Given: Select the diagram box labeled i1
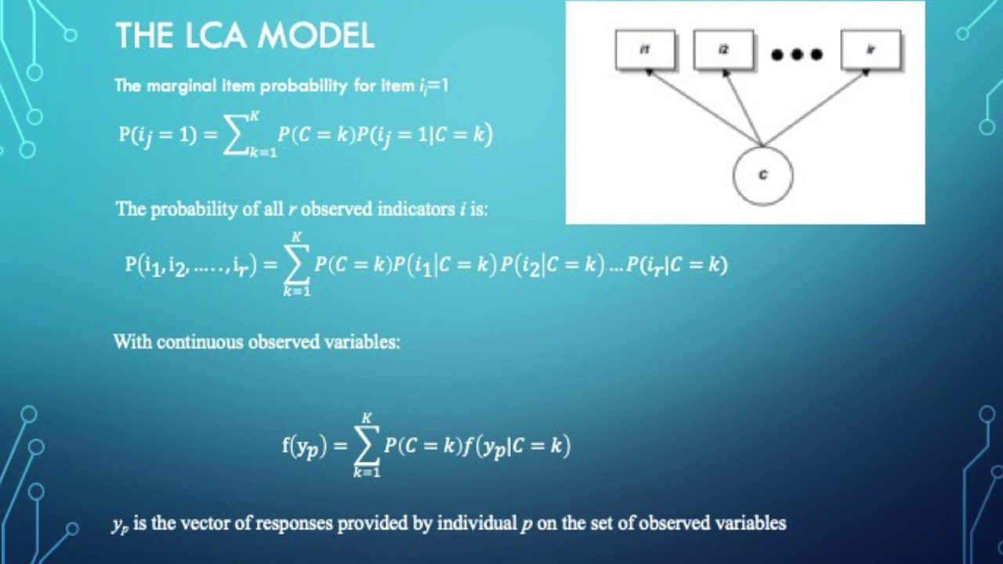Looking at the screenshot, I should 645,50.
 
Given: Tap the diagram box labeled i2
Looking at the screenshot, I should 723,50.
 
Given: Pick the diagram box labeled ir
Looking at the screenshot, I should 871,50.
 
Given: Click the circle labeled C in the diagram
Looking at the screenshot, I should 762,175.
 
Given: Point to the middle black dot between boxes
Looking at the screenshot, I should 797,55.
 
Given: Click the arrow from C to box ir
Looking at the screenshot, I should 815,108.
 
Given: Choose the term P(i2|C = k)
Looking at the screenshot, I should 552,266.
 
